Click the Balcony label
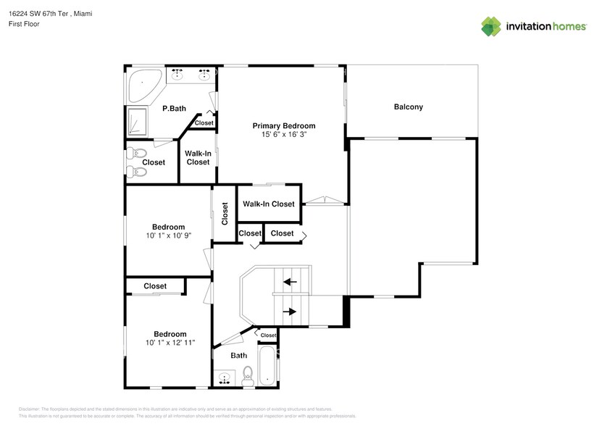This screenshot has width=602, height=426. (x=408, y=107)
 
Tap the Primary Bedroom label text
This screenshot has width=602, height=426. (x=283, y=125)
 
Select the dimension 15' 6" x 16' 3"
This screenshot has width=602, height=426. (x=283, y=135)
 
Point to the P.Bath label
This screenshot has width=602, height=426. (x=174, y=109)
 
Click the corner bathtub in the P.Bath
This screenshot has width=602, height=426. (x=143, y=85)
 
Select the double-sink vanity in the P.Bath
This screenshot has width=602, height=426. (x=191, y=74)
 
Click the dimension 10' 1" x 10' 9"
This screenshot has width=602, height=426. (x=168, y=236)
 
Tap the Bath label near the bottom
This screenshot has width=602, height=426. (x=238, y=356)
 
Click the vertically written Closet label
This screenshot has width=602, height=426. (x=225, y=213)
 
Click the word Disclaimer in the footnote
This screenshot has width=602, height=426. (x=30, y=409)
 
